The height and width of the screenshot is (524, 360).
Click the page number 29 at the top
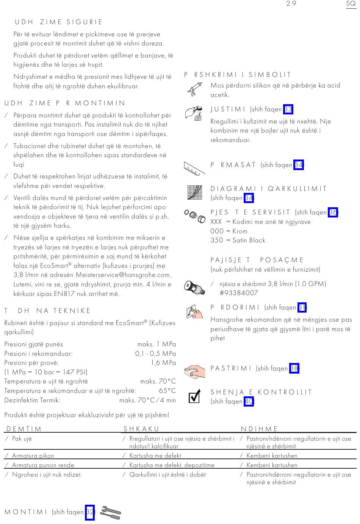pos(291,3)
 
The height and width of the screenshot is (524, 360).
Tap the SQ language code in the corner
pos(351,3)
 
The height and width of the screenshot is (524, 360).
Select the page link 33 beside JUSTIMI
pos(288,109)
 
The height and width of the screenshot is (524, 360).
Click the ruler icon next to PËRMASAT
pos(194,168)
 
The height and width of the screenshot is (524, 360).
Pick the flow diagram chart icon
pos(195,192)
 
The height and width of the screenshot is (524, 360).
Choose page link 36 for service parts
pos(333,213)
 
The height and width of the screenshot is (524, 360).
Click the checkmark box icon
pos(194,397)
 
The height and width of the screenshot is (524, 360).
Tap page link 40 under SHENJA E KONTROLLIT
pos(249,402)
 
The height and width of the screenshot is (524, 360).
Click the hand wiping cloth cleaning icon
pos(195,371)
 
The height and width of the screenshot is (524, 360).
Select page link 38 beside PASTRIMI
pos(294,368)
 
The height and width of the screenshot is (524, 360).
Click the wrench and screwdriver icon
pos(110,513)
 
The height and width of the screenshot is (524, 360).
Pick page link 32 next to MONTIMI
pos(89,512)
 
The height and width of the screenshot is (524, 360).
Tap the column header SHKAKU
pos(141,429)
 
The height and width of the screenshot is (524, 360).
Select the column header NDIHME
pos(259,429)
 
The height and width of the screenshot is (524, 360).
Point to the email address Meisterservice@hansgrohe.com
pos(123,275)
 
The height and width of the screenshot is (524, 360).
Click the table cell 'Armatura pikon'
pos(33,456)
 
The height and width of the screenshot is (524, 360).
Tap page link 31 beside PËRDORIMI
pos(302,307)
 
